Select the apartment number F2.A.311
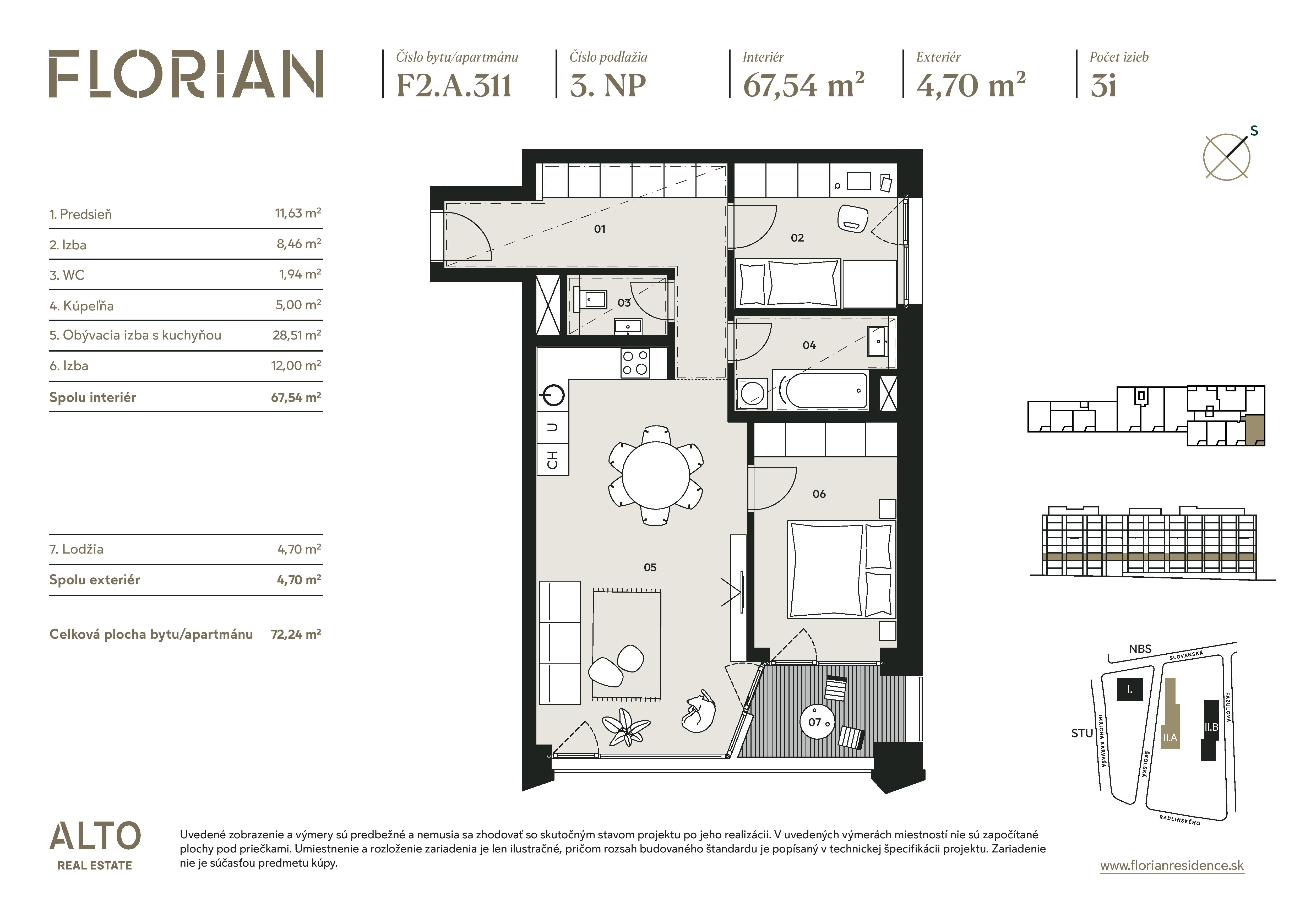click(x=454, y=85)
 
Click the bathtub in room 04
click(x=819, y=390)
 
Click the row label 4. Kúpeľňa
click(x=81, y=306)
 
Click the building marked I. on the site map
click(x=1130, y=689)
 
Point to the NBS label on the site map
click(x=1140, y=649)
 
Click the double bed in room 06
click(x=841, y=570)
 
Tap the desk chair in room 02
click(x=852, y=218)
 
